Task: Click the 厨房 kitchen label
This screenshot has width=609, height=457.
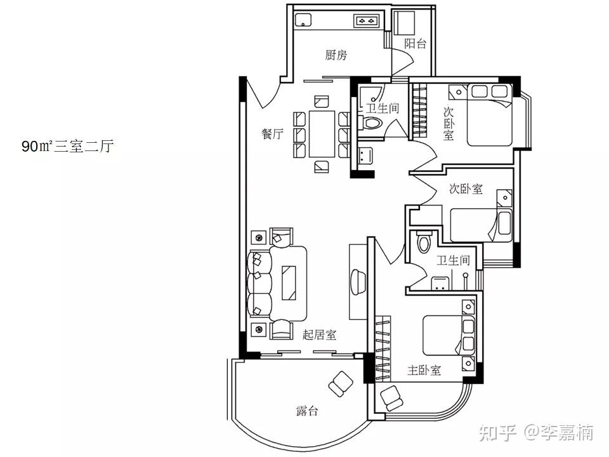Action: coord(336,55)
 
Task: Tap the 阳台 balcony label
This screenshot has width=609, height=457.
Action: coord(415,44)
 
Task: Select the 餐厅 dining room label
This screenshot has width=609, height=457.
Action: coord(272,134)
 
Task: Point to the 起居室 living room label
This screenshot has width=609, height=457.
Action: coord(319,334)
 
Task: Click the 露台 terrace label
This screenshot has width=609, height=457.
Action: coord(307,411)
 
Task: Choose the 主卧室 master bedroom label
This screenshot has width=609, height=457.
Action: coord(424,370)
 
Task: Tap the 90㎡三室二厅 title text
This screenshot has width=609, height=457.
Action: coord(68,147)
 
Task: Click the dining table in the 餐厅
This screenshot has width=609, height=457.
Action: coord(322,134)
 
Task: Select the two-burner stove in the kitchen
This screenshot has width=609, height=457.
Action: coord(366,20)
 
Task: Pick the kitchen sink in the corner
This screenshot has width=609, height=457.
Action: coord(303,20)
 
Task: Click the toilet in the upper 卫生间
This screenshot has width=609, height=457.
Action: coord(372,123)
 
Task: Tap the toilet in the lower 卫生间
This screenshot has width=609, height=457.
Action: coord(423,241)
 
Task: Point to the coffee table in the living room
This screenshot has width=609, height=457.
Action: coord(289,282)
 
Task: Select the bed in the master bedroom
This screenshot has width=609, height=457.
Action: coord(449,335)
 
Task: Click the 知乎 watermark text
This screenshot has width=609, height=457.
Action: coord(497,432)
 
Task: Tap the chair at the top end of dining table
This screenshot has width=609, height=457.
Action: coord(322,102)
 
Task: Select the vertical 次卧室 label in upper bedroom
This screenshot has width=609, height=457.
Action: coord(449,124)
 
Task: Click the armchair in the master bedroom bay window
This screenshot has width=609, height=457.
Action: coord(391,398)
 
